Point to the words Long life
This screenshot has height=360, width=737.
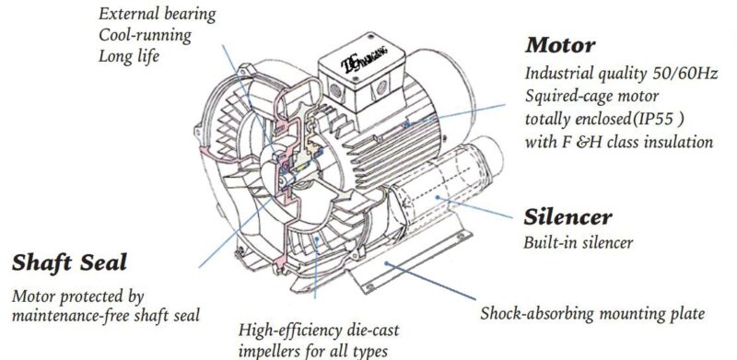tap(130, 55)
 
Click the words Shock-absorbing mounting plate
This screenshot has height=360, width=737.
tap(592, 313)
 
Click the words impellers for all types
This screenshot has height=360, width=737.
tap(308, 349)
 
